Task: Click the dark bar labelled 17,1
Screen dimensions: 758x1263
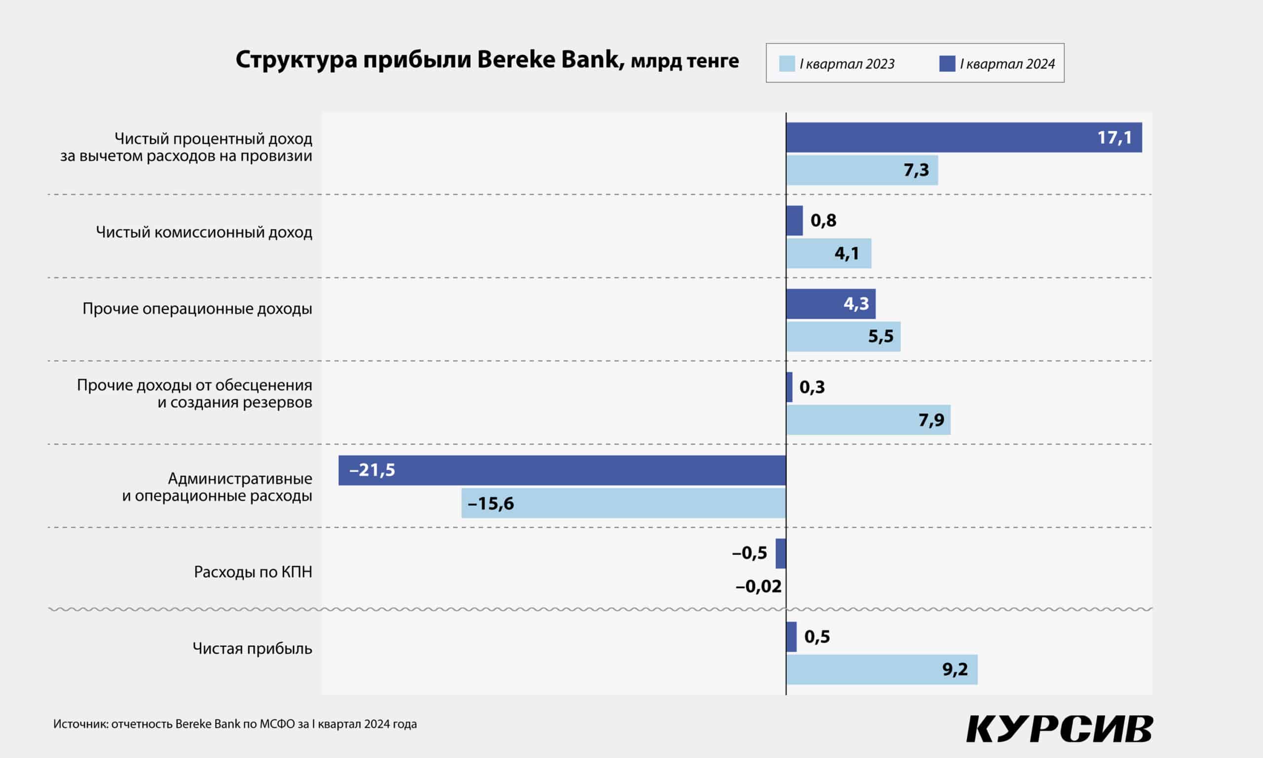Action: coord(964,137)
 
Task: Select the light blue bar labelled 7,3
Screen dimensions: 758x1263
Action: coord(862,170)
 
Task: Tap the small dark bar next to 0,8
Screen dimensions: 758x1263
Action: coord(794,221)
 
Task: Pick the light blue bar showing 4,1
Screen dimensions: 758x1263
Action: coord(828,253)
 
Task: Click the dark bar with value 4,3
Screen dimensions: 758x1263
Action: coord(831,304)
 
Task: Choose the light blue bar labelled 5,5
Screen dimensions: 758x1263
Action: coord(843,337)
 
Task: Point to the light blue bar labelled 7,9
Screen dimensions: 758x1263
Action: coord(868,420)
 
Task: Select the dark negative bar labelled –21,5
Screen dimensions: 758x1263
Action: coord(561,470)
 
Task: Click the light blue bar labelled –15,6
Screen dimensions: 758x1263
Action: coord(623,503)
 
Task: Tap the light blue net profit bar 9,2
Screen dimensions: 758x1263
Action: coord(882,670)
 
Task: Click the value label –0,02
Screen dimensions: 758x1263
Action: coord(758,586)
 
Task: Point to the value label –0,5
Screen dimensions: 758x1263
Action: coord(749,553)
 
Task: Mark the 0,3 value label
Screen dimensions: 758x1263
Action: coord(812,387)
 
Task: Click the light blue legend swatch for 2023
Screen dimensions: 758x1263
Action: coord(787,64)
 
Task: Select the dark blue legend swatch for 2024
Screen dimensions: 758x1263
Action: coord(947,64)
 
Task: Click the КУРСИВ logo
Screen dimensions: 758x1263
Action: coord(1059,729)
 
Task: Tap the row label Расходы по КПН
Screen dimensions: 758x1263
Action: coord(253,572)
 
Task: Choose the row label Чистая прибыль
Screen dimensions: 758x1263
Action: coord(252,649)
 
